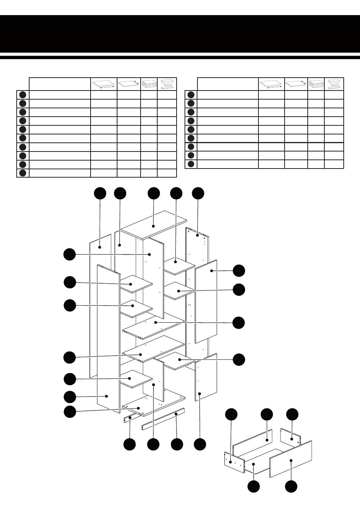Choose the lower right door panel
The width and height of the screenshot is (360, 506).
point(206,377)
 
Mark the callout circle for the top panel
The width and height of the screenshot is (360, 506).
point(153,193)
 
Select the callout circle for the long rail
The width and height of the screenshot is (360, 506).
point(177,444)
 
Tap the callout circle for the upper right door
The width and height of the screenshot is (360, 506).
point(239,271)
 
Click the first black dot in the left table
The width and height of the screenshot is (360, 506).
point(23,95)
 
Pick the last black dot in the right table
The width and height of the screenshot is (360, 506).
point(191,164)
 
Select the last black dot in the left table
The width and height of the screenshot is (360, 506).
point(23,173)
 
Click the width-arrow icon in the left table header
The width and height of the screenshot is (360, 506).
point(103,84)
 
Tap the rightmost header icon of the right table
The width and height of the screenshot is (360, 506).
point(334,84)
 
